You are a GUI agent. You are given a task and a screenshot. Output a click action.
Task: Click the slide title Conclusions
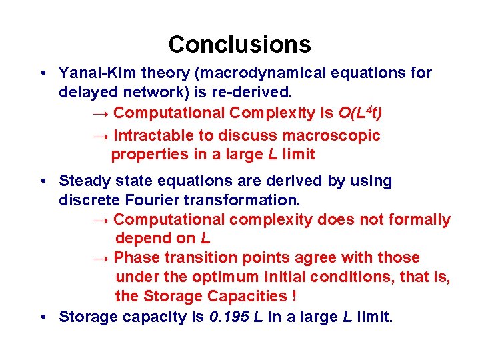click(239, 45)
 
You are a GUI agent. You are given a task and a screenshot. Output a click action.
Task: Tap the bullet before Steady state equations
click(42, 181)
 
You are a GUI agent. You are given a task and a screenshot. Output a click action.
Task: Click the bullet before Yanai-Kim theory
click(42, 73)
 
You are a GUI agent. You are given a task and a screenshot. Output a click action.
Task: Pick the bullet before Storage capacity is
click(42, 317)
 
